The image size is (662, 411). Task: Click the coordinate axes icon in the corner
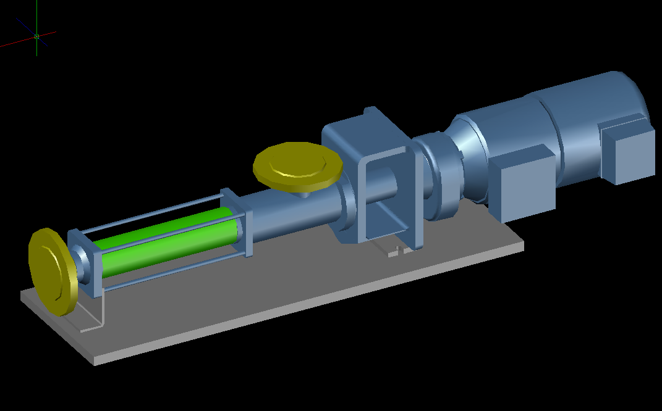(37, 37)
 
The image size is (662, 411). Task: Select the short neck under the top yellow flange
(303, 194)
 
